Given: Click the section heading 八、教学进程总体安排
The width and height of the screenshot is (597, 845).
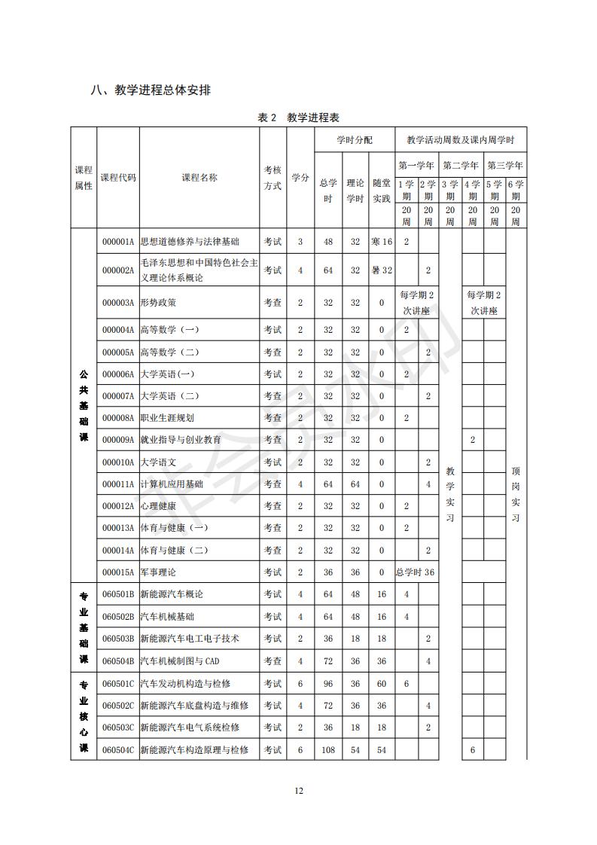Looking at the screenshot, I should pos(151,90).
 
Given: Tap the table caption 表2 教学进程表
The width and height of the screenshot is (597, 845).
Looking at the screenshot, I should pos(298,117).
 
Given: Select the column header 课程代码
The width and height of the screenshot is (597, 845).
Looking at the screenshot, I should pos(118,178).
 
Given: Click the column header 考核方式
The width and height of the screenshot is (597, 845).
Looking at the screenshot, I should pos(273,178).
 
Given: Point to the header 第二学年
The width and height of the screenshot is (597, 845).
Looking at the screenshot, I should pos(460,165).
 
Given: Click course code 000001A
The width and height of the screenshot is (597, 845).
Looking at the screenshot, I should pos(118,242).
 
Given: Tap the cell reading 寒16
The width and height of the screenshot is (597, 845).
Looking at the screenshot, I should pos(382,242).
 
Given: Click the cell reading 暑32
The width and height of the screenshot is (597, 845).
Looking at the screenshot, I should pos(382,270).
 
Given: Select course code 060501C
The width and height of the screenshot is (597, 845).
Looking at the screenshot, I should pos(118,683).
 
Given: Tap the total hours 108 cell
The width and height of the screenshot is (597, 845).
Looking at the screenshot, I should pos(328,749).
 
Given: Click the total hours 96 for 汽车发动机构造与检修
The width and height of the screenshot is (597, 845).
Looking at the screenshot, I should pos(328,683).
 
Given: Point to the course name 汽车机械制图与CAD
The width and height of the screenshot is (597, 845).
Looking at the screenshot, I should pos(180,661).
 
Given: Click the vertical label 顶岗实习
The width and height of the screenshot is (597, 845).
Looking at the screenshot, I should pos(516,494).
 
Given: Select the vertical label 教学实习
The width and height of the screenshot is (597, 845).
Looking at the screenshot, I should pos(449,494).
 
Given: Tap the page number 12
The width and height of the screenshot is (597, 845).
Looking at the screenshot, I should pos(298,791).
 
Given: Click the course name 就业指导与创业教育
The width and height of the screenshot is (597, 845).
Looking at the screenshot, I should pos(181,440).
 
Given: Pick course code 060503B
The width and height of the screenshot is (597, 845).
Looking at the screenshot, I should pos(118,639).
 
